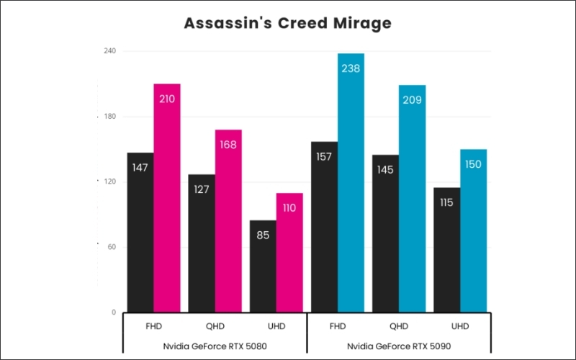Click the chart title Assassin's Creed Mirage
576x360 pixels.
pyautogui.click(x=287, y=23)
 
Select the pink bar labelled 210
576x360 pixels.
pyautogui.click(x=167, y=198)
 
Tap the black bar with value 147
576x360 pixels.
pyautogui.click(x=140, y=233)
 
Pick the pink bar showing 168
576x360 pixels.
pyautogui.click(x=228, y=221)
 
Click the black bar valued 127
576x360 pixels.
pyautogui.click(x=202, y=243)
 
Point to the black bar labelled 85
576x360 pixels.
pyautogui.click(x=263, y=266)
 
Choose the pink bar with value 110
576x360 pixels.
pyautogui.click(x=289, y=253)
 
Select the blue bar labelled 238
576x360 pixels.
pyautogui.click(x=351, y=183)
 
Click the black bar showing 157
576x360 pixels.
pyautogui.click(x=324, y=227)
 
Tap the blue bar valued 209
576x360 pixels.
pyautogui.click(x=413, y=199)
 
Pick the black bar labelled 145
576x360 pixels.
pyautogui.click(x=385, y=233)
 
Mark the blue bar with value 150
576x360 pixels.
pyautogui.click(x=474, y=230)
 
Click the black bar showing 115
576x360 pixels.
pyautogui.click(x=446, y=250)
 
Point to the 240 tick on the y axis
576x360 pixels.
pyautogui.click(x=109, y=51)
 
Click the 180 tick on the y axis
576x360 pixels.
pyautogui.click(x=109, y=117)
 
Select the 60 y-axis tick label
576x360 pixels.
pyautogui.click(x=111, y=247)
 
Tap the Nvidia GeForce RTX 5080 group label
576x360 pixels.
pyautogui.click(x=216, y=346)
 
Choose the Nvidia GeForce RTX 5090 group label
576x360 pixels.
pyautogui.click(x=400, y=346)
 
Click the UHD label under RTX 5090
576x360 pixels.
pyautogui.click(x=460, y=326)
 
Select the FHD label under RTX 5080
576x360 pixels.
pyautogui.click(x=154, y=326)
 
